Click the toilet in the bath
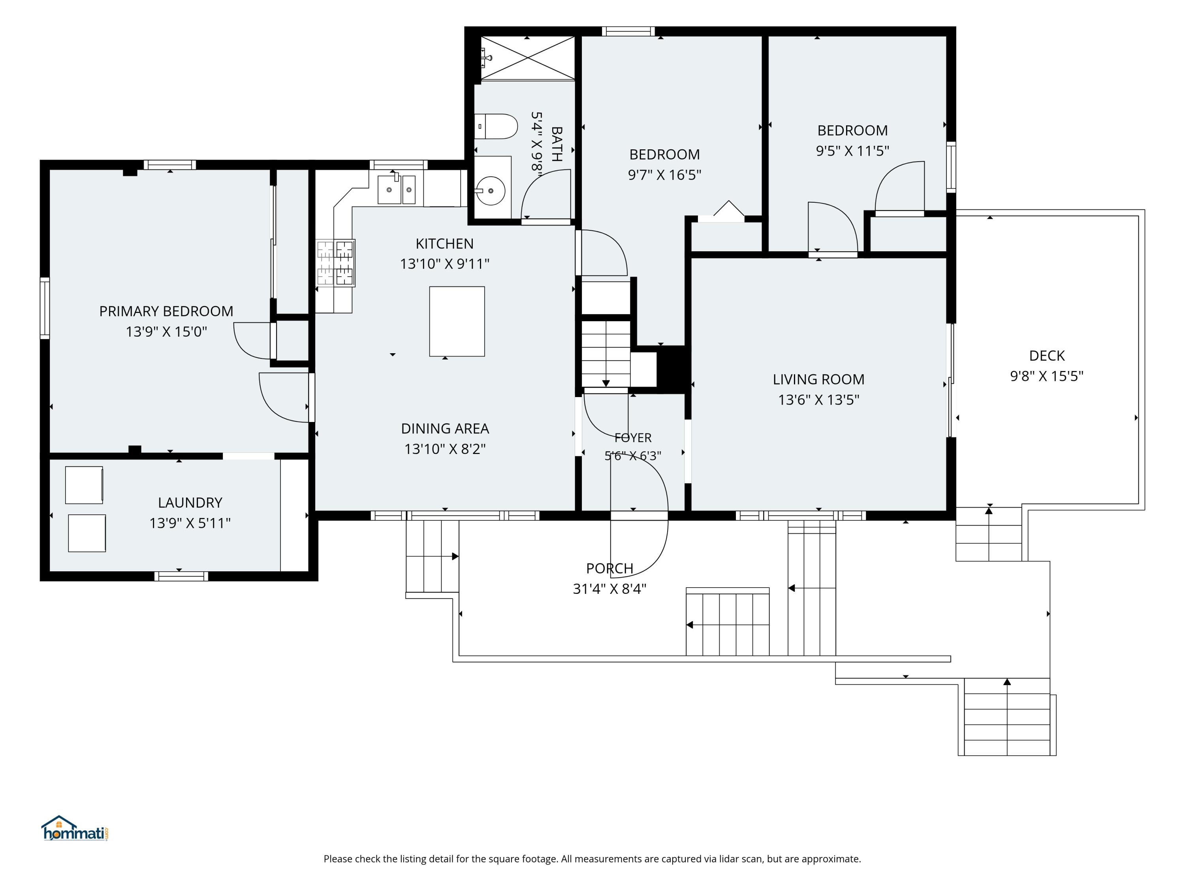(496, 126)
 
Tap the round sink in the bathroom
(491, 190)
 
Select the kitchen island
(457, 322)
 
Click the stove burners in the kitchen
(335, 263)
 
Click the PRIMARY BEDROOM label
(166, 311)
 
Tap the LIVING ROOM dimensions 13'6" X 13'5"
(818, 400)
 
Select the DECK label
(1047, 356)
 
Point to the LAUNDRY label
(190, 503)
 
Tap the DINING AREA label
(445, 429)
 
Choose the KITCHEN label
(445, 244)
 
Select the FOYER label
(633, 438)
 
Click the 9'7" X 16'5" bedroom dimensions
(664, 175)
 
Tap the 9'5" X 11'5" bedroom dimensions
(852, 151)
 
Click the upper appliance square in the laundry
(84, 485)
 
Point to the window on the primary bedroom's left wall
(45, 308)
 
